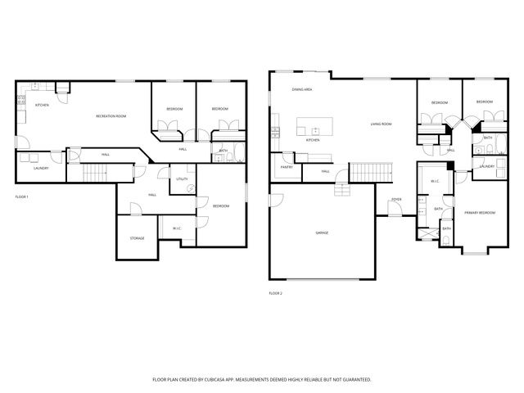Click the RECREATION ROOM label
111,116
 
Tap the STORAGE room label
137,238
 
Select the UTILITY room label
181,178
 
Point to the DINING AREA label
302,88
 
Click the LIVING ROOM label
381,124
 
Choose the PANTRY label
287,167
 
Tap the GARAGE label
322,233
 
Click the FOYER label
395,199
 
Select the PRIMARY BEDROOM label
480,212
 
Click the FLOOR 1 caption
22,197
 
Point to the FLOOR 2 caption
276,292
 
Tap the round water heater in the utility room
191,187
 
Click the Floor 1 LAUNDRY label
41,168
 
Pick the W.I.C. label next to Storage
177,228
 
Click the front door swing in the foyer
395,210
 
